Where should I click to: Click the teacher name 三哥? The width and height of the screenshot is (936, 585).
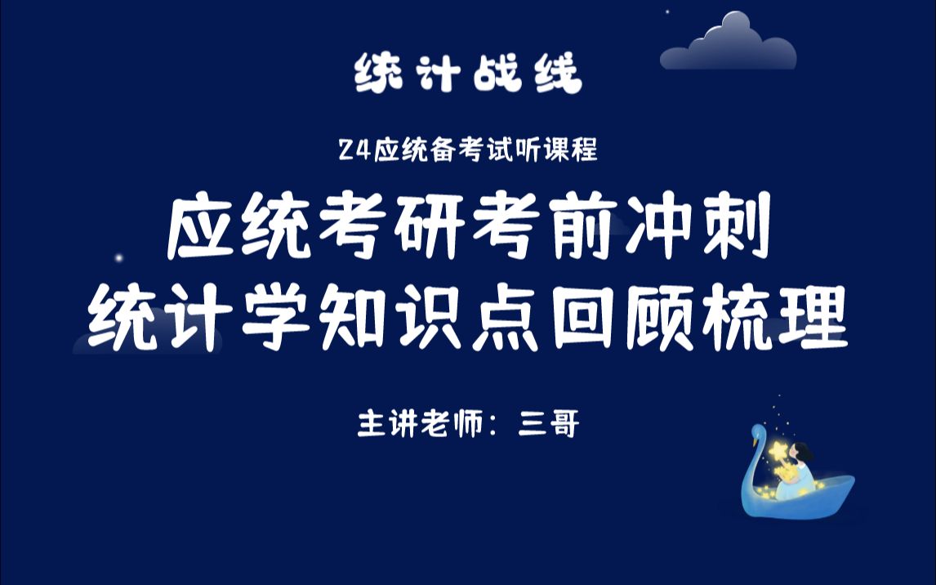tap(549, 426)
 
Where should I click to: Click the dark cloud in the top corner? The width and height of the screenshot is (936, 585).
tap(727, 45)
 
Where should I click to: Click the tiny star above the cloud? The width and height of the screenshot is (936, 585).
tap(667, 11)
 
